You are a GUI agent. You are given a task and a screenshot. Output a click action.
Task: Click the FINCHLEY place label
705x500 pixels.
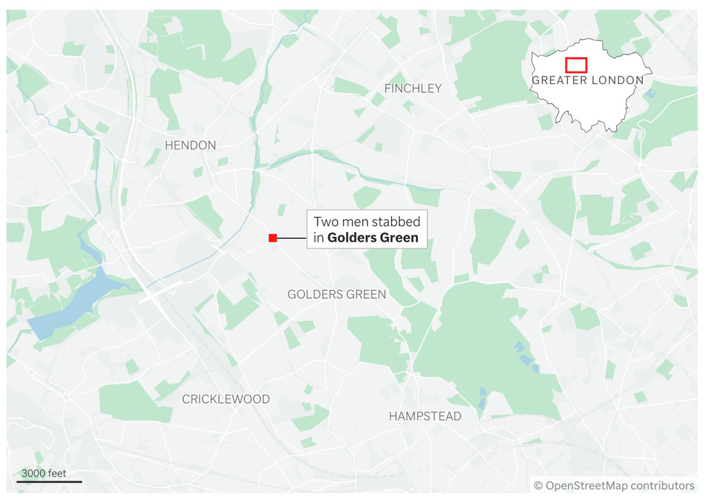click(x=413, y=89)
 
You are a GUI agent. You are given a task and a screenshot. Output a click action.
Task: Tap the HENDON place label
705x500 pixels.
click(x=190, y=145)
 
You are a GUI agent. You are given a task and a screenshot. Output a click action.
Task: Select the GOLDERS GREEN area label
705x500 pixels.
click(x=337, y=295)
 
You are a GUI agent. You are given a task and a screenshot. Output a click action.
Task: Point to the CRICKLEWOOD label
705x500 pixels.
click(x=226, y=399)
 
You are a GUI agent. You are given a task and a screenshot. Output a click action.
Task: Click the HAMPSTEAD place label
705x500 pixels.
click(x=425, y=417)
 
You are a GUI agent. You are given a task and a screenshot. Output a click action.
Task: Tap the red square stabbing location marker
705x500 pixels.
click(x=273, y=238)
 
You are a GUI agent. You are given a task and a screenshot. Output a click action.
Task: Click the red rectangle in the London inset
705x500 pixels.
click(x=576, y=65)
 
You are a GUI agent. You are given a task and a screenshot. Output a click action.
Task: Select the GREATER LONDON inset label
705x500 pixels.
click(x=587, y=81)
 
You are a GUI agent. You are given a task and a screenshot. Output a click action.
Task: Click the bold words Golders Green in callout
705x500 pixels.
click(x=372, y=238)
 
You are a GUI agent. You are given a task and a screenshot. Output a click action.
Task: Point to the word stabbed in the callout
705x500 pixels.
click(x=396, y=222)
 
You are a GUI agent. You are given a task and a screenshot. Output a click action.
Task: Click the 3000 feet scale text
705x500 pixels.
click(x=44, y=473)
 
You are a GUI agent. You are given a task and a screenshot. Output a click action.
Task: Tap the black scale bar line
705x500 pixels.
click(x=50, y=481)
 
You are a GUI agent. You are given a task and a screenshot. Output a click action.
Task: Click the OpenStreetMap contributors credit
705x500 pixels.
click(x=614, y=486)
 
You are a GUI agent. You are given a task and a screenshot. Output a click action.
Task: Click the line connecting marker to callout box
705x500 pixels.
click(x=292, y=238)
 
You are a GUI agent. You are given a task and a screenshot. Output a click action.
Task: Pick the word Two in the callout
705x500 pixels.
click(x=326, y=222)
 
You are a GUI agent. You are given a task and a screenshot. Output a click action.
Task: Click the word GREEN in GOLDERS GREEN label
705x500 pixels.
click(x=367, y=295)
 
